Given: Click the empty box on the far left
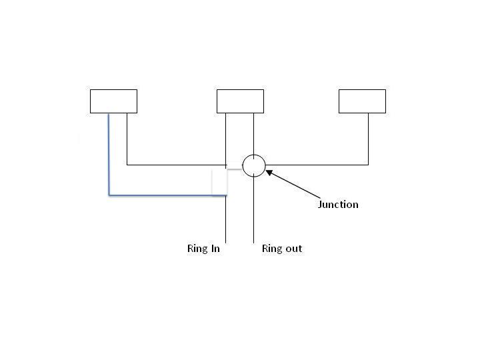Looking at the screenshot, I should pyautogui.click(x=113, y=101).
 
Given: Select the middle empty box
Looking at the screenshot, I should pyautogui.click(x=240, y=101).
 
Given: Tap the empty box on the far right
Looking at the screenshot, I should pyautogui.click(x=362, y=101).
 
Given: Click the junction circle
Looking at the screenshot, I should pyautogui.click(x=253, y=165).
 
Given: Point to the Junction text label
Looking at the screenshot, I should pyautogui.click(x=338, y=205).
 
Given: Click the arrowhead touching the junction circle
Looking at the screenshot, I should pyautogui.click(x=269, y=173).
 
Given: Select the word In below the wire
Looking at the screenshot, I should pyautogui.click(x=215, y=249).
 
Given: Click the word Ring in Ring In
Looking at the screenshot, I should pyautogui.click(x=197, y=249).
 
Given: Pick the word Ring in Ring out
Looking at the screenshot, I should pyautogui.click(x=272, y=249).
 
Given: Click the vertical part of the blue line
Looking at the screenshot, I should pyautogui.click(x=109, y=153).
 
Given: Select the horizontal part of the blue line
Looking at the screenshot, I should pyautogui.click(x=167, y=195).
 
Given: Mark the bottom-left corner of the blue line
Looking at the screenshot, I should pyautogui.click(x=109, y=195).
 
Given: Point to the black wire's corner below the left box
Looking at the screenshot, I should pyautogui.click(x=127, y=164).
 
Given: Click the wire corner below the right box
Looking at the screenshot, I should pyautogui.click(x=368, y=164).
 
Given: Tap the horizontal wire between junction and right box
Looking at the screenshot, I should pyautogui.click(x=317, y=164).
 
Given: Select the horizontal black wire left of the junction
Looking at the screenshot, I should pyautogui.click(x=177, y=164).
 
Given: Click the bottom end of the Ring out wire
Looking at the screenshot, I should pyautogui.click(x=253, y=241).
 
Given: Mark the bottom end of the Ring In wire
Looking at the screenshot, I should pyautogui.click(x=227, y=241).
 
